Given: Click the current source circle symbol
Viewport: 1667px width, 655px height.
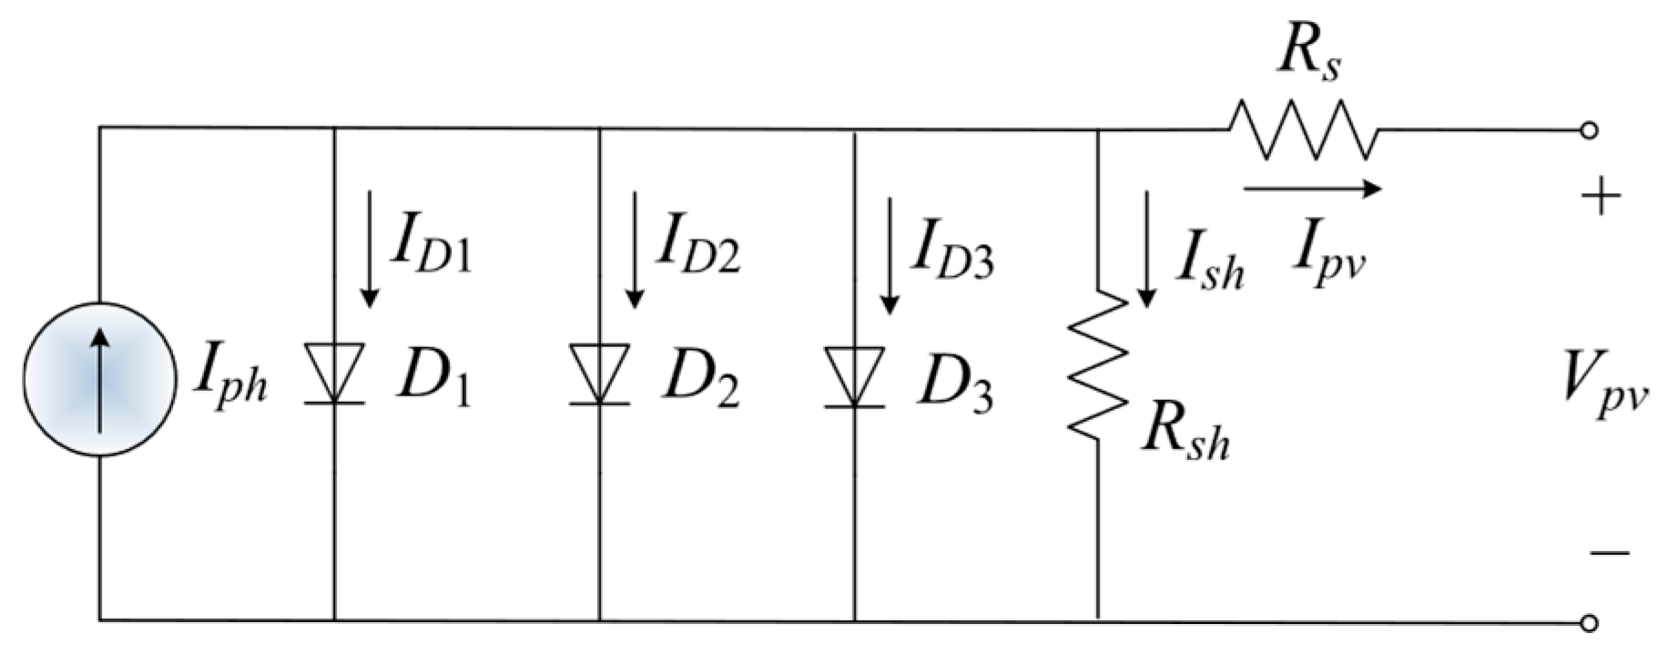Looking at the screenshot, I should (99, 380).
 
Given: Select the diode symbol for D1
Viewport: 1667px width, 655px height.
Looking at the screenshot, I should (334, 374).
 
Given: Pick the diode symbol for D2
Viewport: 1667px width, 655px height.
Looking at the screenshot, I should (599, 374).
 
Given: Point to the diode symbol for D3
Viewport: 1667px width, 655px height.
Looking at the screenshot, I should (854, 376).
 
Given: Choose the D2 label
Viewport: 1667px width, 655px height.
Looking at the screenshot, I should (699, 384).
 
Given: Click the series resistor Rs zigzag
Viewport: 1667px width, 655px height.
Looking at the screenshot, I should (1303, 130).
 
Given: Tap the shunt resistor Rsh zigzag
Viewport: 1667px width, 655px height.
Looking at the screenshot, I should (1098, 364).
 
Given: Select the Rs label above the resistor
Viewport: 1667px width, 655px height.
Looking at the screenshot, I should (1308, 57).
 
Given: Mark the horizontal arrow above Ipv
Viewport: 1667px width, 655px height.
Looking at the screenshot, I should (1312, 189).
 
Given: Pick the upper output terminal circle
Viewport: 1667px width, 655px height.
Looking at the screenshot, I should (1589, 130).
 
